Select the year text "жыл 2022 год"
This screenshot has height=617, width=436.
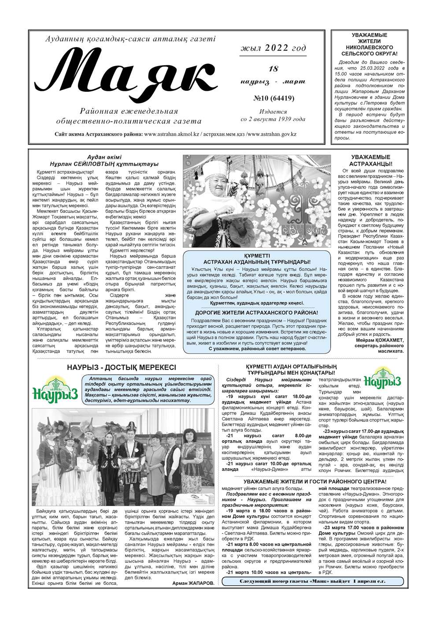pyautogui.click(x=273, y=48)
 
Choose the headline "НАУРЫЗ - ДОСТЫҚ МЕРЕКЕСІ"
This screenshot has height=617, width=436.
pyautogui.click(x=122, y=368)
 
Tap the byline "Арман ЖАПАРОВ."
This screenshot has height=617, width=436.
pyautogui.click(x=192, y=582)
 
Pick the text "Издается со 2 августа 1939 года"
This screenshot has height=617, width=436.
pyautogui.click(x=273, y=115)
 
